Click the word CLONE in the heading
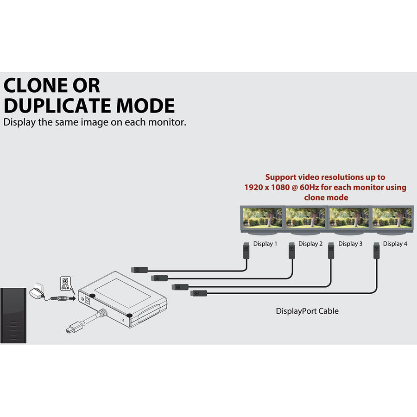(x=36, y=85)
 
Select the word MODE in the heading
(x=145, y=106)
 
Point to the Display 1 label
(x=265, y=244)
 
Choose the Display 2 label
(x=310, y=244)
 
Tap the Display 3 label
(x=350, y=244)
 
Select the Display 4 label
(x=395, y=244)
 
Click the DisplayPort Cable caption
(x=307, y=311)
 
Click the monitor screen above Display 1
(x=262, y=218)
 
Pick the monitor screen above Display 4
(x=392, y=218)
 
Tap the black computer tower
(x=13, y=316)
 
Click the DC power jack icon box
(x=65, y=284)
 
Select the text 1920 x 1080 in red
(x=267, y=187)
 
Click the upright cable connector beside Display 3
(x=331, y=251)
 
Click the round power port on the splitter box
(x=87, y=301)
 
